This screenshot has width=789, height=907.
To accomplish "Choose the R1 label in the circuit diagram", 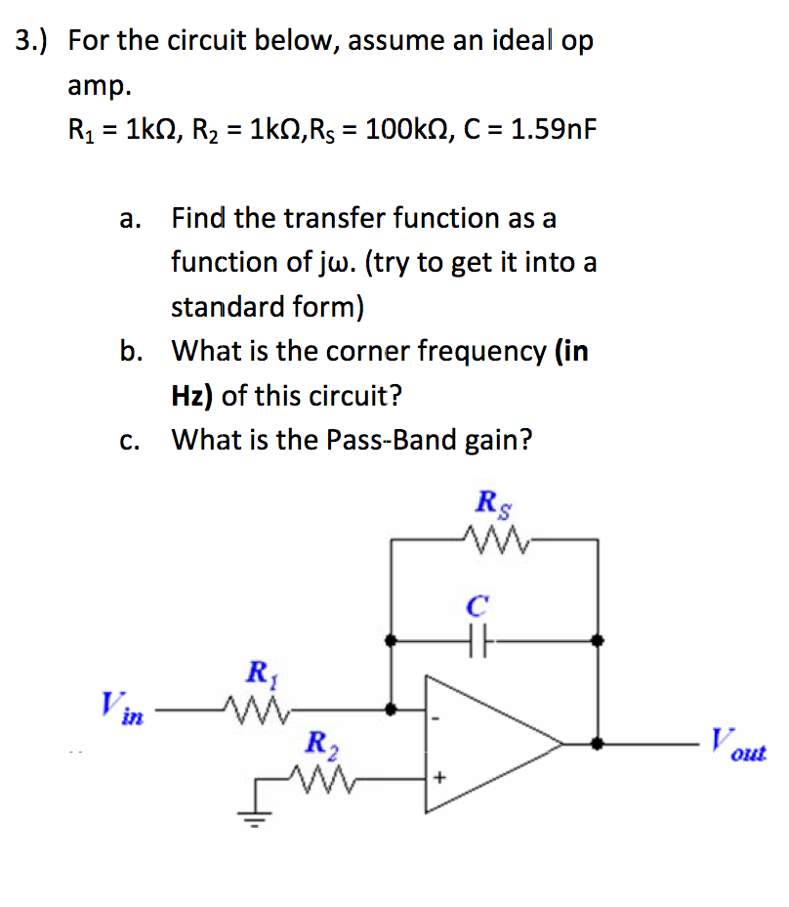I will point(259,672).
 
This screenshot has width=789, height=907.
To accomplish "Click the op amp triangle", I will point(488,744).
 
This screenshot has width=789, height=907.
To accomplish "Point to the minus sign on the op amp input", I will point(438,720).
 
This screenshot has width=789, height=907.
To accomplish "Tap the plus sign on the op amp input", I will point(439,779).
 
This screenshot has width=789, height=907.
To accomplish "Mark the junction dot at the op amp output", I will point(599,744).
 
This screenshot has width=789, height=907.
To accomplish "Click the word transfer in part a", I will point(329,218).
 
